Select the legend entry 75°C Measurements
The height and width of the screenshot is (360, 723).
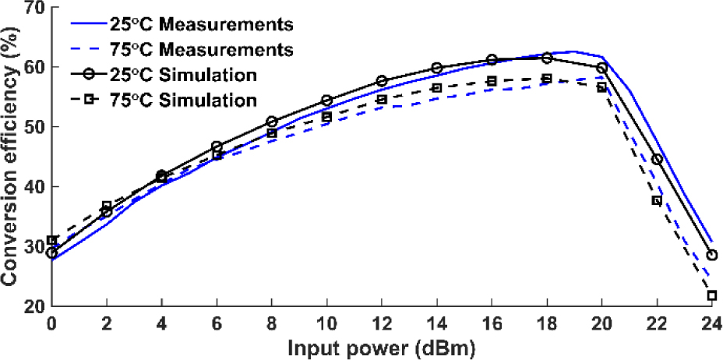click(x=206, y=50)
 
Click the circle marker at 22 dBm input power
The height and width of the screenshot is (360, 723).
click(x=657, y=159)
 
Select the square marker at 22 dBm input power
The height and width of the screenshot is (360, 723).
click(x=657, y=200)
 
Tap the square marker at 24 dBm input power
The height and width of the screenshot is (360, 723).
click(x=711, y=295)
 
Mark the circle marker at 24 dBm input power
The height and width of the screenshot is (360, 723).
click(x=711, y=255)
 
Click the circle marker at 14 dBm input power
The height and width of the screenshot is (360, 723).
click(x=437, y=69)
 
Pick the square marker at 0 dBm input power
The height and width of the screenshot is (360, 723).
click(x=52, y=240)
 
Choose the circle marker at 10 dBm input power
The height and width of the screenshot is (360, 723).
click(x=327, y=101)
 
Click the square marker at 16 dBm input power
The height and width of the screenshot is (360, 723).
click(x=492, y=81)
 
